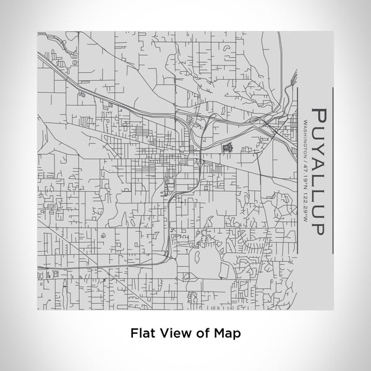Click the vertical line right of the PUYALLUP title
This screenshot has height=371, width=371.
334,169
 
